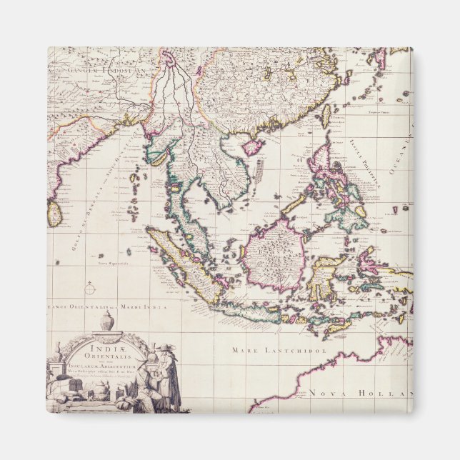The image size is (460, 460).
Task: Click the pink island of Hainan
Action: click(x=253, y=147)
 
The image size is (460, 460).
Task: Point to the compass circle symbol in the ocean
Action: click(x=90, y=289)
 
